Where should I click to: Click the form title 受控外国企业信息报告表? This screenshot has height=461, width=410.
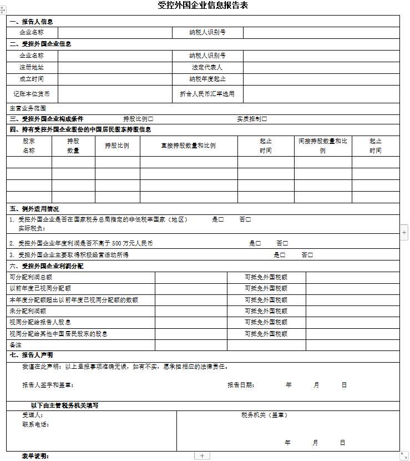(x=203, y=6)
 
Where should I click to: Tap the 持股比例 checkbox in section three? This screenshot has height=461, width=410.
(x=151, y=119)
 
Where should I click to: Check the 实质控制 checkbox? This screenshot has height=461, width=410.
(x=265, y=119)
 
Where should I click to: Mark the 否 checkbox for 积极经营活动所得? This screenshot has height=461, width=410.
(x=311, y=255)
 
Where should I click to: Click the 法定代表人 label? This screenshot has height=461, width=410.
(x=207, y=67)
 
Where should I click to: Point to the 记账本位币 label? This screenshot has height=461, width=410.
(x=32, y=94)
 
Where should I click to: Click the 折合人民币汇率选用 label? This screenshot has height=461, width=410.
(x=207, y=94)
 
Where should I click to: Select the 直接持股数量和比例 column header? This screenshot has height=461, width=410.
(x=188, y=146)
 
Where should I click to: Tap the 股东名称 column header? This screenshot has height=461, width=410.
(x=29, y=146)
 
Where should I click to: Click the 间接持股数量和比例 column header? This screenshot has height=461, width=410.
(x=323, y=146)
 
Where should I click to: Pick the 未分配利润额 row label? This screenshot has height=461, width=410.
(x=23, y=311)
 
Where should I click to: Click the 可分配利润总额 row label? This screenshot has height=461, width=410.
(x=31, y=277)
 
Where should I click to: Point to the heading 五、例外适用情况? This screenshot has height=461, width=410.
(x=34, y=209)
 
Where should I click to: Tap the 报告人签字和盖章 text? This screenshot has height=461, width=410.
(x=48, y=385)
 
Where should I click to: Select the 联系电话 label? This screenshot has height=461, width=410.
(x=36, y=424)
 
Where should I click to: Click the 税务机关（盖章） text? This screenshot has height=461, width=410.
(x=264, y=415)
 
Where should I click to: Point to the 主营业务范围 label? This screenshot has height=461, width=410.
(x=28, y=108)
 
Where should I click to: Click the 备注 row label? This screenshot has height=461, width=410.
(x=16, y=345)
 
